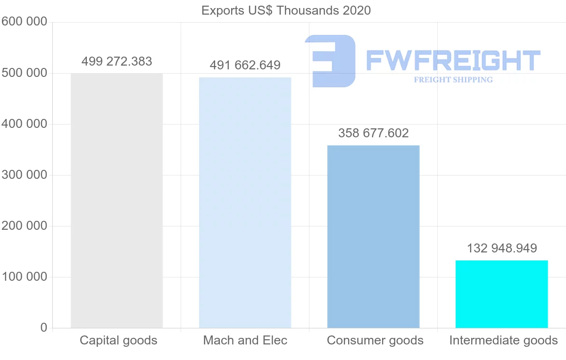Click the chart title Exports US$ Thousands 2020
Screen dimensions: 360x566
click(x=286, y=10)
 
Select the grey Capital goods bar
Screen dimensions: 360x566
click(x=117, y=201)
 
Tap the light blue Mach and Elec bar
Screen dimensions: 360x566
click(x=245, y=202)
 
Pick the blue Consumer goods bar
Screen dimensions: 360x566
click(x=373, y=236)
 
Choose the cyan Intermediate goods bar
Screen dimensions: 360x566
click(x=501, y=294)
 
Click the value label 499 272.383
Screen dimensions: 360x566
click(x=117, y=61)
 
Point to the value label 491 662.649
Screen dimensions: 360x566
click(x=245, y=65)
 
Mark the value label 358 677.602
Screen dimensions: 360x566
click(x=373, y=133)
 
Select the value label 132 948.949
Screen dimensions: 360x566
click(x=501, y=248)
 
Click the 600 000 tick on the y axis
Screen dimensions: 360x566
click(x=24, y=22)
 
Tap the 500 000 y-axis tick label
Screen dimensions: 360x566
click(x=24, y=73)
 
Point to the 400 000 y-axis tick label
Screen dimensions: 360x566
click(x=24, y=124)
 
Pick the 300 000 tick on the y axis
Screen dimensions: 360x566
click(x=24, y=175)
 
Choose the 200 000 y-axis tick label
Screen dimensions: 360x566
click(x=24, y=226)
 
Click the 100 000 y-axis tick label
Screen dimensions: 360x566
click(x=24, y=277)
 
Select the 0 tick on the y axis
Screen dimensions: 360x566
click(x=44, y=328)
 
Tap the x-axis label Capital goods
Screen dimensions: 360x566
click(x=118, y=340)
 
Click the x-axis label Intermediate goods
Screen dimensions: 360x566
click(x=503, y=340)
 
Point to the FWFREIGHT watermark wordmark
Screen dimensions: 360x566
click(x=453, y=61)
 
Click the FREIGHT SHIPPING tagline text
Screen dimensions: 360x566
click(x=453, y=80)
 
